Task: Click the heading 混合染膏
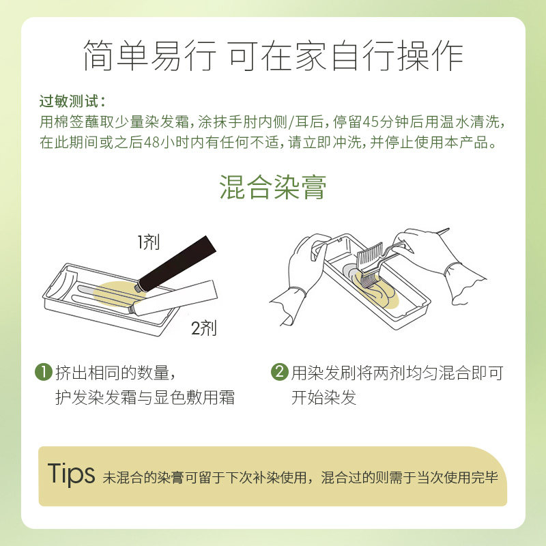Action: [x=273, y=186]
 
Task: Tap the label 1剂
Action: [x=148, y=242]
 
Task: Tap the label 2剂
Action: [x=204, y=328]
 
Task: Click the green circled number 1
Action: [x=44, y=373]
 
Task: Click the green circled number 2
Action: [x=279, y=373]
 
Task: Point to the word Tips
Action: [x=71, y=474]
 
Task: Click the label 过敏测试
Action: [x=71, y=102]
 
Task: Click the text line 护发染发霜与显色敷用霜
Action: [x=145, y=398]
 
